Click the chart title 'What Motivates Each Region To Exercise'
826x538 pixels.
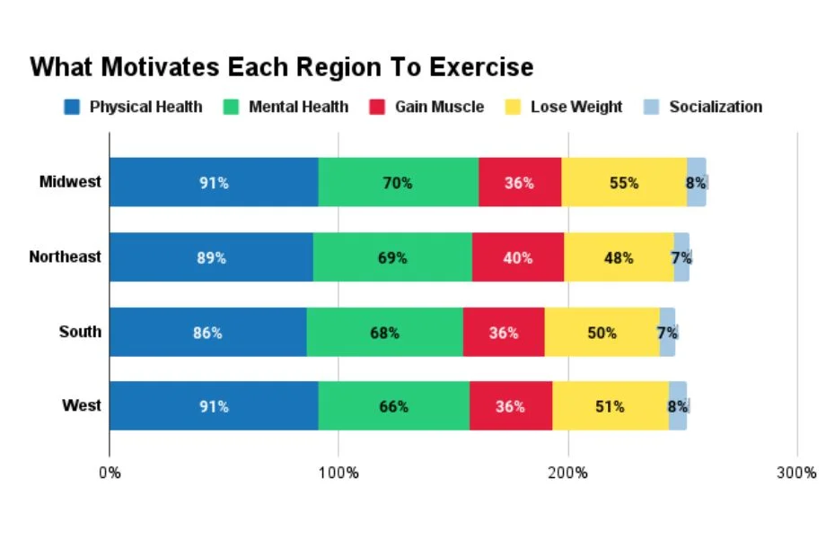tap(282, 67)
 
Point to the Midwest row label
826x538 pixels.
tap(70, 182)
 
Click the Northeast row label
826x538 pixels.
tap(65, 256)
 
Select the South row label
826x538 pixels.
tap(80, 332)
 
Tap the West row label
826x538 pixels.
tap(81, 406)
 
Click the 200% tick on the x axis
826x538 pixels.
tap(567, 473)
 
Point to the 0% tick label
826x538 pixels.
tap(110, 473)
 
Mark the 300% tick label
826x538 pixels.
tap(796, 473)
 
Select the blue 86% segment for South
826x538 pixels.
tap(208, 332)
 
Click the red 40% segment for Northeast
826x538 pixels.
tap(517, 257)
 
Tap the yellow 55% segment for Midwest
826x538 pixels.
tap(624, 182)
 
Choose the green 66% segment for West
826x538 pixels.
tap(393, 406)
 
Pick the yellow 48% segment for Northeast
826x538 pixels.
tap(618, 257)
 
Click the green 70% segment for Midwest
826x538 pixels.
tap(398, 182)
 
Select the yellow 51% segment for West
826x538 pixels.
tap(610, 406)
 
